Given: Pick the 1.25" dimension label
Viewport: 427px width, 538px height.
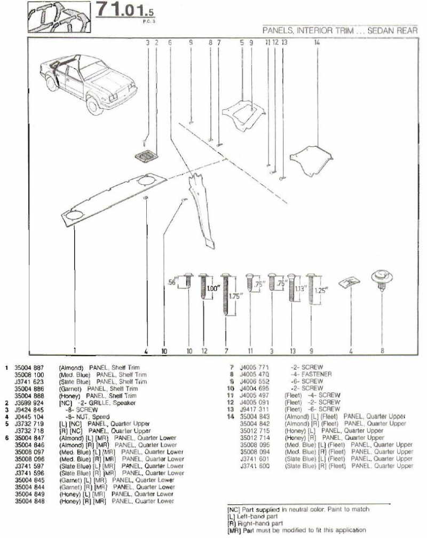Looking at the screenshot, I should click(x=321, y=291).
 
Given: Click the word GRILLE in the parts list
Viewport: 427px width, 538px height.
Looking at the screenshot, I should click(x=101, y=402).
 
